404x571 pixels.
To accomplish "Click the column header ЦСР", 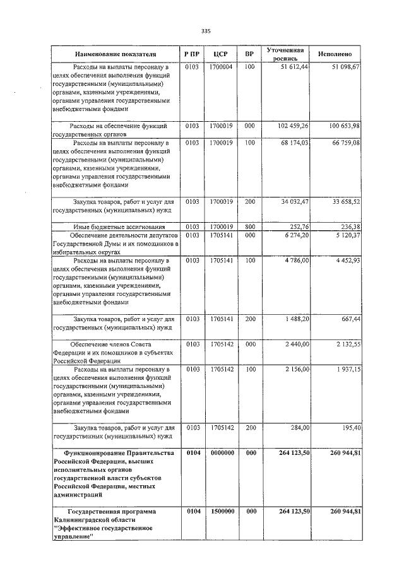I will (220, 55).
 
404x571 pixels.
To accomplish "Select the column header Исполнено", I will (339, 55).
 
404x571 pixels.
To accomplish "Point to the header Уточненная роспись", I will (285, 54).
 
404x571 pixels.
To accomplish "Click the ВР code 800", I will (249, 227).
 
